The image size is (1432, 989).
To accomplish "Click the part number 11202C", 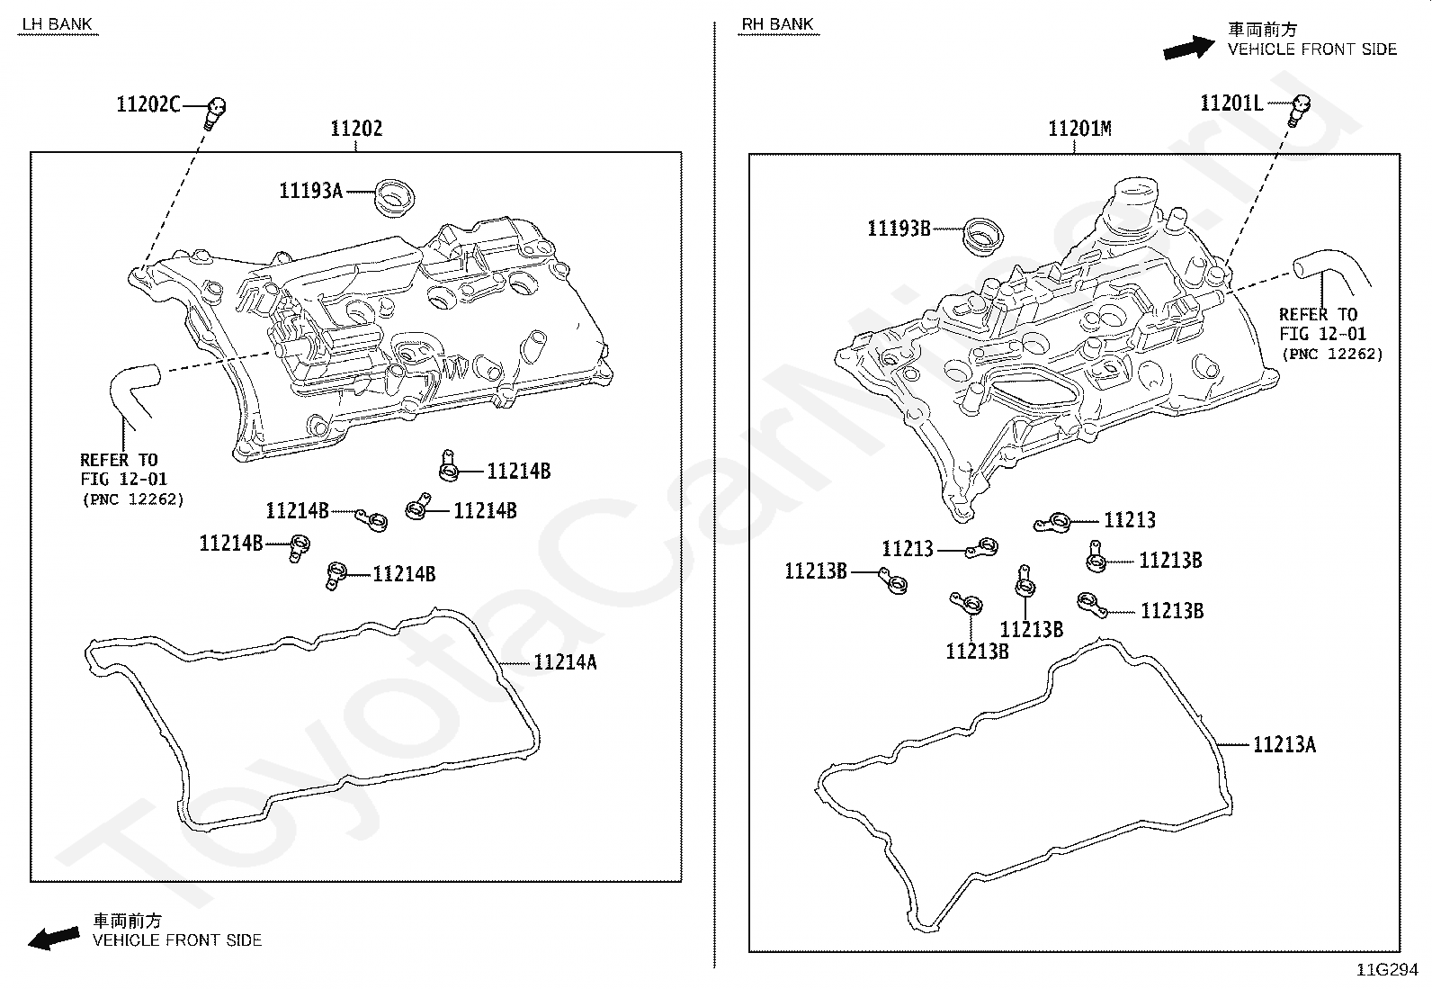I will tap(148, 104).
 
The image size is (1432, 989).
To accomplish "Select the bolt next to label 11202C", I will tap(215, 112).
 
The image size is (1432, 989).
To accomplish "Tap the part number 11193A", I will tap(310, 191).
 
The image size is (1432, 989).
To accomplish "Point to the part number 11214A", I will tap(565, 662).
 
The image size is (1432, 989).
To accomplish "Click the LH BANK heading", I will tap(58, 24).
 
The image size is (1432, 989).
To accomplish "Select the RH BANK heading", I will tap(778, 24).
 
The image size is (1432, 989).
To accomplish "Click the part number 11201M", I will tap(1078, 129).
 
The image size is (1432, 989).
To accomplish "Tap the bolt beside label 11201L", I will tap(1300, 109).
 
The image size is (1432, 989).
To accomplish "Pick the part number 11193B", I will tap(899, 229).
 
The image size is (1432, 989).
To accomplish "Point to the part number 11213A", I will tap(1284, 744).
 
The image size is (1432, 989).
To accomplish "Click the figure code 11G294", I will tap(1387, 970).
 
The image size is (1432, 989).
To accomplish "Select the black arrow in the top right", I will tap(1188, 48).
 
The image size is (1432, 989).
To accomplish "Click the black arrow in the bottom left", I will tap(53, 938).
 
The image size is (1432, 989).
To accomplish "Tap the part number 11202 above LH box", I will tap(356, 129).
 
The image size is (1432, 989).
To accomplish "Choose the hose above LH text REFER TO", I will tap(131, 392).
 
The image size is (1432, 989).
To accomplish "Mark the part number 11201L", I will tap(1231, 103).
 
